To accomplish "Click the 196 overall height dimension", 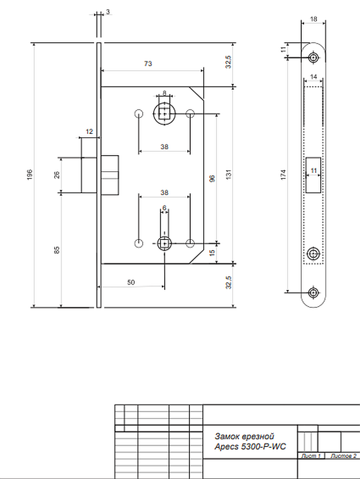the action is (x=29, y=175).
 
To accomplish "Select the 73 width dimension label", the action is (x=148, y=63).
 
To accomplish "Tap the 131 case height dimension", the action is (x=229, y=175).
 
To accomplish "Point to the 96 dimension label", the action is (x=212, y=179).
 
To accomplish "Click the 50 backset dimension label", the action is (x=131, y=282).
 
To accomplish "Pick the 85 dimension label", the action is (x=57, y=250).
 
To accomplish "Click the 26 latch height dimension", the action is (x=57, y=175).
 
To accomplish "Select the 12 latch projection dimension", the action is (x=89, y=131).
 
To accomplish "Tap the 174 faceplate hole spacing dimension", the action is (x=283, y=175).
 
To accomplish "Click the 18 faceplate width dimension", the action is (x=313, y=19).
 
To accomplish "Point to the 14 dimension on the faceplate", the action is (x=313, y=77).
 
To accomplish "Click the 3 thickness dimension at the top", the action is (x=108, y=12).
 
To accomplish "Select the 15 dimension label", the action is (x=212, y=253).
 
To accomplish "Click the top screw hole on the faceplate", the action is (x=313, y=58).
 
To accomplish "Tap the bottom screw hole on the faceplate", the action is (x=313, y=293).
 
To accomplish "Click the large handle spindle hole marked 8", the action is (x=165, y=114).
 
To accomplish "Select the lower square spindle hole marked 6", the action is (x=165, y=243).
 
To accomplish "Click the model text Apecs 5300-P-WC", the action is (x=250, y=447).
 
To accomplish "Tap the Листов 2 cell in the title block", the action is (x=343, y=456).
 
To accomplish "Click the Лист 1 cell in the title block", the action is (x=311, y=456).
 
